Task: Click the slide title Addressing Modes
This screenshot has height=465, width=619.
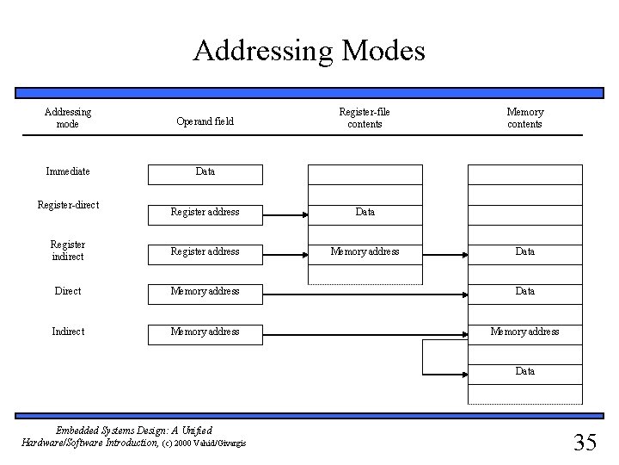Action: coord(309,50)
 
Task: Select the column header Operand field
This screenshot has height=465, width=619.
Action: coord(205,122)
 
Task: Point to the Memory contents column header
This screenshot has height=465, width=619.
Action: coord(524,118)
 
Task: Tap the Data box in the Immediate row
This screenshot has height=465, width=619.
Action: coord(205,172)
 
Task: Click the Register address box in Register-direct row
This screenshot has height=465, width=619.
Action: coord(205,211)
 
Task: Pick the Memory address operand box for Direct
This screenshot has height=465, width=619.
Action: coord(205,291)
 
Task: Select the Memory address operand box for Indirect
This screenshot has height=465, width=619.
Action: coord(205,332)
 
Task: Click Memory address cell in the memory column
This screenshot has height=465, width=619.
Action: coord(524,332)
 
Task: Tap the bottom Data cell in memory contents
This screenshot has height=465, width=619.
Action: coord(524,371)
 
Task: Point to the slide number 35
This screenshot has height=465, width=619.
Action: coord(585,443)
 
